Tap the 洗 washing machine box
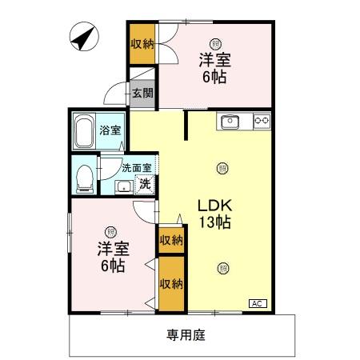click(x=144, y=185)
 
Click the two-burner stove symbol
click(x=261, y=122)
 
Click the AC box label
click(x=258, y=303)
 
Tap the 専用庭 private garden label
click(x=186, y=335)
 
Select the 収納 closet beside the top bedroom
click(x=142, y=44)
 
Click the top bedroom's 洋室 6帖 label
click(x=214, y=69)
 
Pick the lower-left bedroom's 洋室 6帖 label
click(x=110, y=257)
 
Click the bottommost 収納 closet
click(x=170, y=283)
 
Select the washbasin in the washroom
click(x=122, y=186)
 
